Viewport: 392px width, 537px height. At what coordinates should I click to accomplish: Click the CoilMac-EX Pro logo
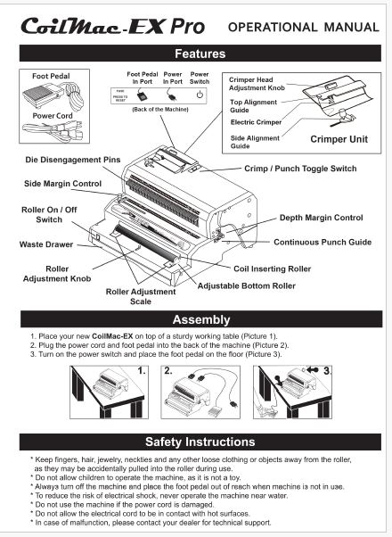pos(113,26)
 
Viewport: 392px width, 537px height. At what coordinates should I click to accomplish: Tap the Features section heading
pos(200,54)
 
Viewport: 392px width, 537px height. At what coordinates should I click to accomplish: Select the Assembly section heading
pos(201,319)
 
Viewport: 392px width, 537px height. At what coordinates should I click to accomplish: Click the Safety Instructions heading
pos(200,442)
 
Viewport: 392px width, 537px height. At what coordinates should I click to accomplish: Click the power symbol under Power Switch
pos(200,95)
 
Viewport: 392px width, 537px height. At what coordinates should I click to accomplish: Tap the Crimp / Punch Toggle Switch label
pos(300,169)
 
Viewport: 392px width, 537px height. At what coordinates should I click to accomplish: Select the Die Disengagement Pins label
pos(73,160)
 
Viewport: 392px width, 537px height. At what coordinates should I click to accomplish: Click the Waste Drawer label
pos(46,244)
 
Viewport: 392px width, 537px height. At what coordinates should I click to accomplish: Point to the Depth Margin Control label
pos(322,218)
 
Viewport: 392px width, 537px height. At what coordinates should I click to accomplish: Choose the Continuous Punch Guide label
pos(323,242)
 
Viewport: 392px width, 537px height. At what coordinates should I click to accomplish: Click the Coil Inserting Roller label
pos(273,268)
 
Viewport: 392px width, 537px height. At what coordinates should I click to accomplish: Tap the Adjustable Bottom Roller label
pos(246,286)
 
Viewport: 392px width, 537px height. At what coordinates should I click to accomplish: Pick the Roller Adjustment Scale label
pos(141,296)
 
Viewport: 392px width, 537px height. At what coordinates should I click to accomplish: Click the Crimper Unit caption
pos(339,139)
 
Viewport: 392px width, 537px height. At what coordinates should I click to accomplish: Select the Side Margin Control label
pos(63,184)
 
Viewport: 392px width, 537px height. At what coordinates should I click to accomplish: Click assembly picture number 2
pos(200,392)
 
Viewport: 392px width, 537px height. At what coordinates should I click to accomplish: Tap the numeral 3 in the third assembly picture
pos(327,371)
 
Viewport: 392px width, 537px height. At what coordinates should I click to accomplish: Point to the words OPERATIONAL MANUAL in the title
pos(304,27)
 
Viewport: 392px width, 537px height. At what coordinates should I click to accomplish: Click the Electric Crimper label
pos(256,122)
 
